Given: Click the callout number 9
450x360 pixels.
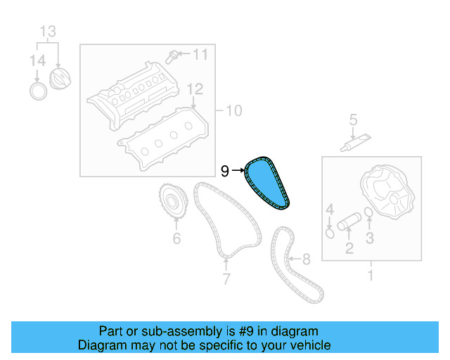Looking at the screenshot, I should tap(225, 170).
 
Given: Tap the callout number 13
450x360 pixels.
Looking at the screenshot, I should tap(46, 31).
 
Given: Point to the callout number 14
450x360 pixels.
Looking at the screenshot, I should tap(37, 62).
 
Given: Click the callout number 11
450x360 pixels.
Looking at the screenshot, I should tap(200, 54).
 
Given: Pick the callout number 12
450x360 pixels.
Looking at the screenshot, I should tap(195, 89).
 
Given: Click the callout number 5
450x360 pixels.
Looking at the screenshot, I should tap(354, 121).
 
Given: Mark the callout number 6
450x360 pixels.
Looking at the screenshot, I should tap(176, 238).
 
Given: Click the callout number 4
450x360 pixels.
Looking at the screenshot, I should tap(329, 209).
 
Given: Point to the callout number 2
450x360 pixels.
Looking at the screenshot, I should tap(348, 247).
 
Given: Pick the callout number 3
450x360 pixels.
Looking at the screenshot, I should tap(369, 238).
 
